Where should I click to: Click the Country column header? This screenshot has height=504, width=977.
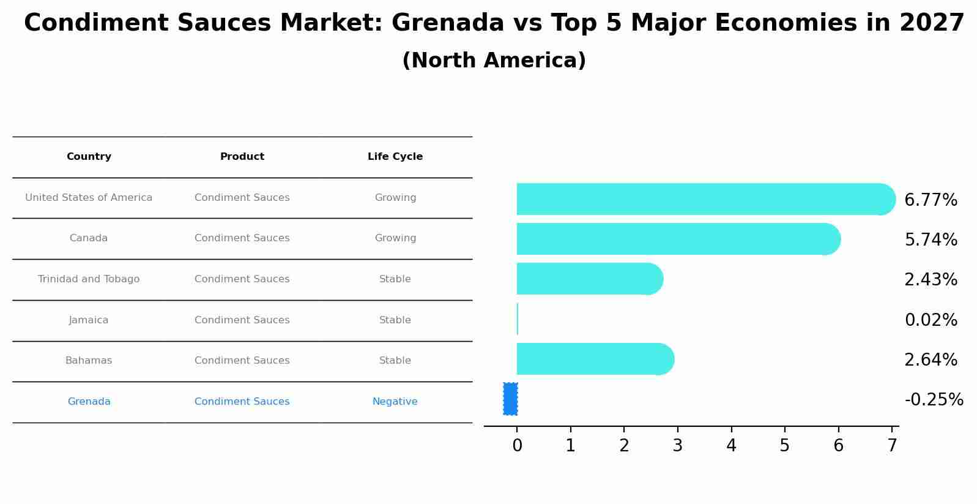coord(89,157)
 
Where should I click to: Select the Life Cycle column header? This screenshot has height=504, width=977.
coord(395,157)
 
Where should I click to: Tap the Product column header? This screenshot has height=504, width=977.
coord(242,157)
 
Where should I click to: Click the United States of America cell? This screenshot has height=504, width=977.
coord(89,198)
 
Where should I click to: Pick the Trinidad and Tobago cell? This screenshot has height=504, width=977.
coord(89,279)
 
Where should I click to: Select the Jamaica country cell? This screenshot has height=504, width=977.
coord(89,320)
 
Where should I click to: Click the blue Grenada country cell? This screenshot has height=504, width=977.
coord(89,402)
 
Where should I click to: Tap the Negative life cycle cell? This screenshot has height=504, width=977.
coord(395,402)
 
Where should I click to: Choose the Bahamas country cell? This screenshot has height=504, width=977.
coord(89,361)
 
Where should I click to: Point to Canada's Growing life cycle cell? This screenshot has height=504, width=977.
coord(395,238)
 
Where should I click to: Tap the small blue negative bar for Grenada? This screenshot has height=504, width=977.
coord(510,399)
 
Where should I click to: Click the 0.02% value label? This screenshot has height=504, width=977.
coord(931,320)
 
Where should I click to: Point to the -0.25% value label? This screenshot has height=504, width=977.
coord(934,400)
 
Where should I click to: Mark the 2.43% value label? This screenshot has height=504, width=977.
coord(931,280)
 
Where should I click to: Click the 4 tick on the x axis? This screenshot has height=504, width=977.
coord(731,446)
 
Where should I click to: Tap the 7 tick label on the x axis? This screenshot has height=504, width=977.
coord(892,446)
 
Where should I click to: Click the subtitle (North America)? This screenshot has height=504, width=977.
coord(494,61)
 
